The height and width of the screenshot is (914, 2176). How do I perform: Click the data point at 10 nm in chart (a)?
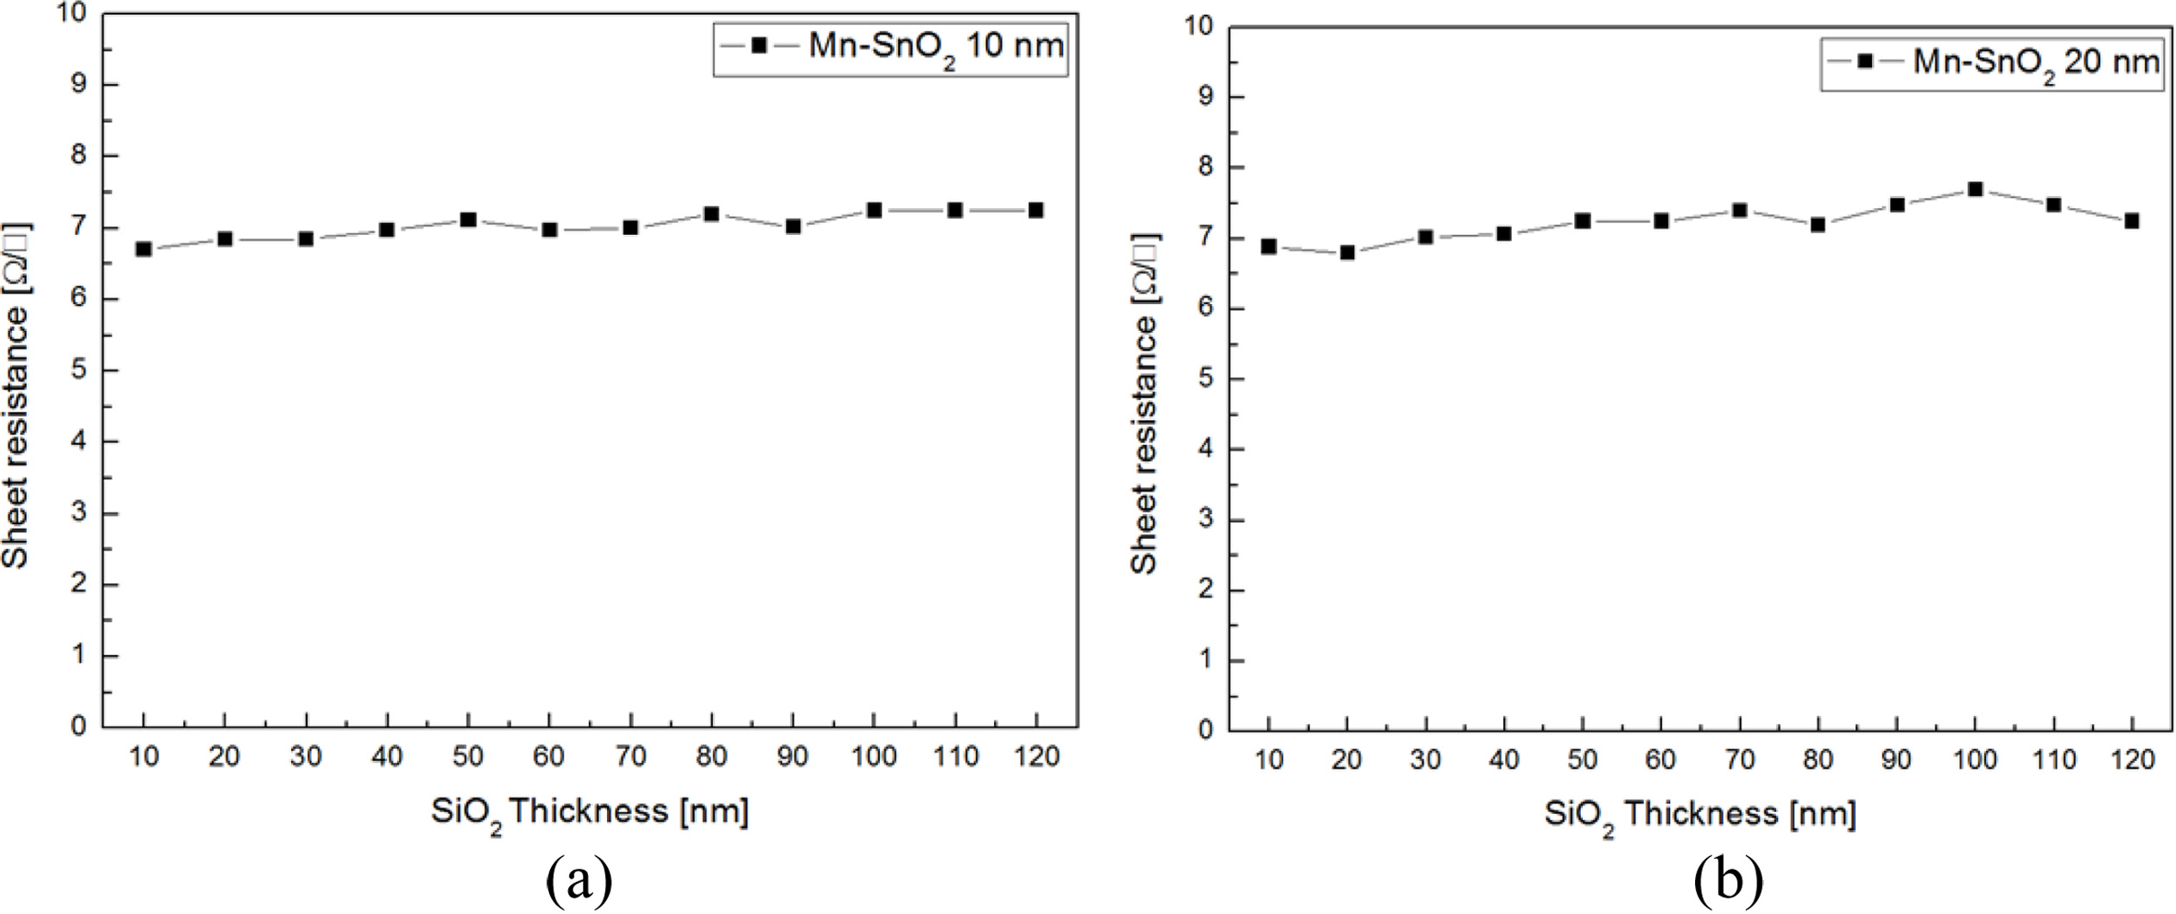click(x=144, y=250)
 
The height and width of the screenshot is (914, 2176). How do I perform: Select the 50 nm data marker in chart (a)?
click(x=468, y=219)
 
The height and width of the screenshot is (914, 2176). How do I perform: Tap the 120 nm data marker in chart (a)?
click(x=1036, y=210)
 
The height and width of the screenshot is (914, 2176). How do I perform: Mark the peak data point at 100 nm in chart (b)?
click(x=1975, y=189)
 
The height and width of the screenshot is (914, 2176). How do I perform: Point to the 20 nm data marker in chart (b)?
click(x=1347, y=252)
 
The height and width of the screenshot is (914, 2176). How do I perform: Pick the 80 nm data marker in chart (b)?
click(x=1818, y=225)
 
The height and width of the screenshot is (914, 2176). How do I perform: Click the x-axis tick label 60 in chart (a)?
click(x=549, y=757)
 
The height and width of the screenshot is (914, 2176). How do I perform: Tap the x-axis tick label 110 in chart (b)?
click(x=2053, y=760)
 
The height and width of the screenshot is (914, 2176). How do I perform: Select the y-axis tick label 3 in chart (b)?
click(x=1206, y=520)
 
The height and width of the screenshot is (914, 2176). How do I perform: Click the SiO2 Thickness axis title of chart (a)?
click(x=590, y=812)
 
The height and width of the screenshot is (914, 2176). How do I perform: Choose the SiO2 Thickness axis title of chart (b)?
click(x=1700, y=815)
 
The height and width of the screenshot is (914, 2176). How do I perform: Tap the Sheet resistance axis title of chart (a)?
click(x=16, y=396)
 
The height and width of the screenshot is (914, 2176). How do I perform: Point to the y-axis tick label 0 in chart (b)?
click(x=1206, y=731)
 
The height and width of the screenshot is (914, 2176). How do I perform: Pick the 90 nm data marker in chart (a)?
click(x=793, y=227)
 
